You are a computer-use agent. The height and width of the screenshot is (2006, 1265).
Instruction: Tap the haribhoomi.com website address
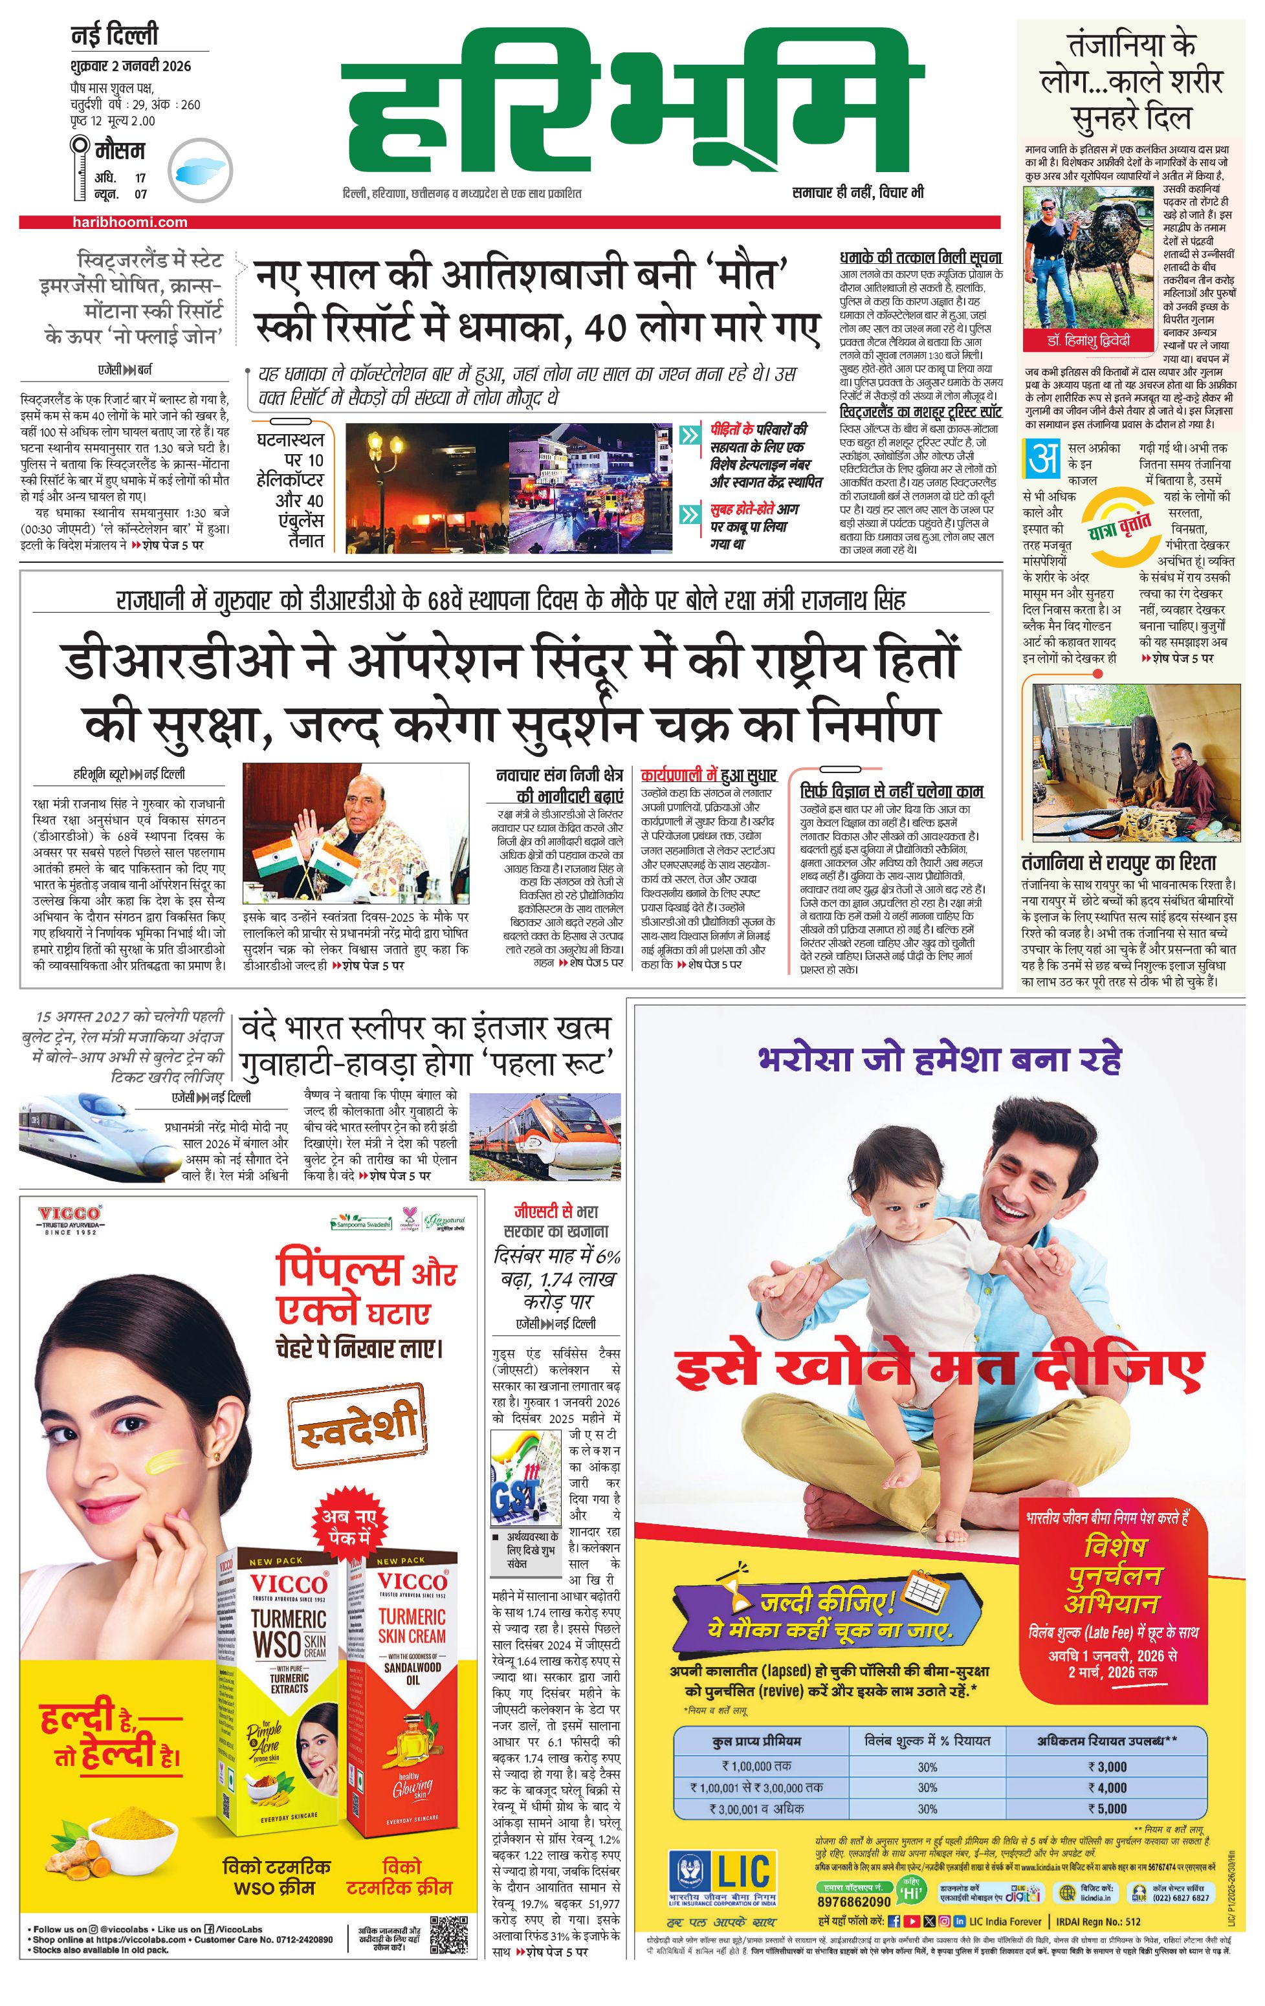pyautogui.click(x=129, y=223)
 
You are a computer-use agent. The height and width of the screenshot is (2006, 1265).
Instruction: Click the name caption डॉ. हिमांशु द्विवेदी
pyautogui.click(x=1088, y=342)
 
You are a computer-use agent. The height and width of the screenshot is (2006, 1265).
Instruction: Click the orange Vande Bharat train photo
pyautogui.click(x=545, y=1135)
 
